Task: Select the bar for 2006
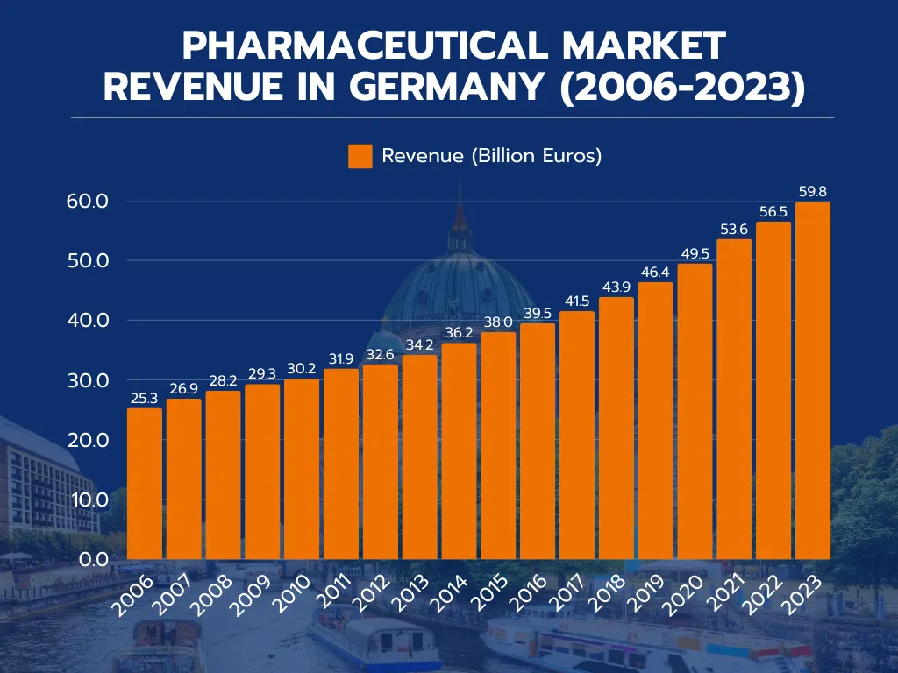pyautogui.click(x=145, y=484)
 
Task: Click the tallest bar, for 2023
pyautogui.click(x=812, y=381)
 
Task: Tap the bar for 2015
pyautogui.click(x=498, y=445)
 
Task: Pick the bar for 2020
pyautogui.click(x=695, y=412)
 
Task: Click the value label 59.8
pyautogui.click(x=812, y=191)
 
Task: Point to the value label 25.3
pyautogui.click(x=145, y=398)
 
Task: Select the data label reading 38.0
pyautogui.click(x=498, y=322)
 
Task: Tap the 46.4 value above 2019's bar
pyautogui.click(x=655, y=272)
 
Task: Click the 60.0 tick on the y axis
pyautogui.click(x=87, y=201)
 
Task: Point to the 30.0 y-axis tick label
pyautogui.click(x=87, y=380)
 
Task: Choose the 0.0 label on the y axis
pyautogui.click(x=91, y=559)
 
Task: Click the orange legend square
pyautogui.click(x=360, y=157)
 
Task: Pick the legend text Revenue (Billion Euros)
pyautogui.click(x=491, y=157)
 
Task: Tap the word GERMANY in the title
pyautogui.click(x=449, y=87)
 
